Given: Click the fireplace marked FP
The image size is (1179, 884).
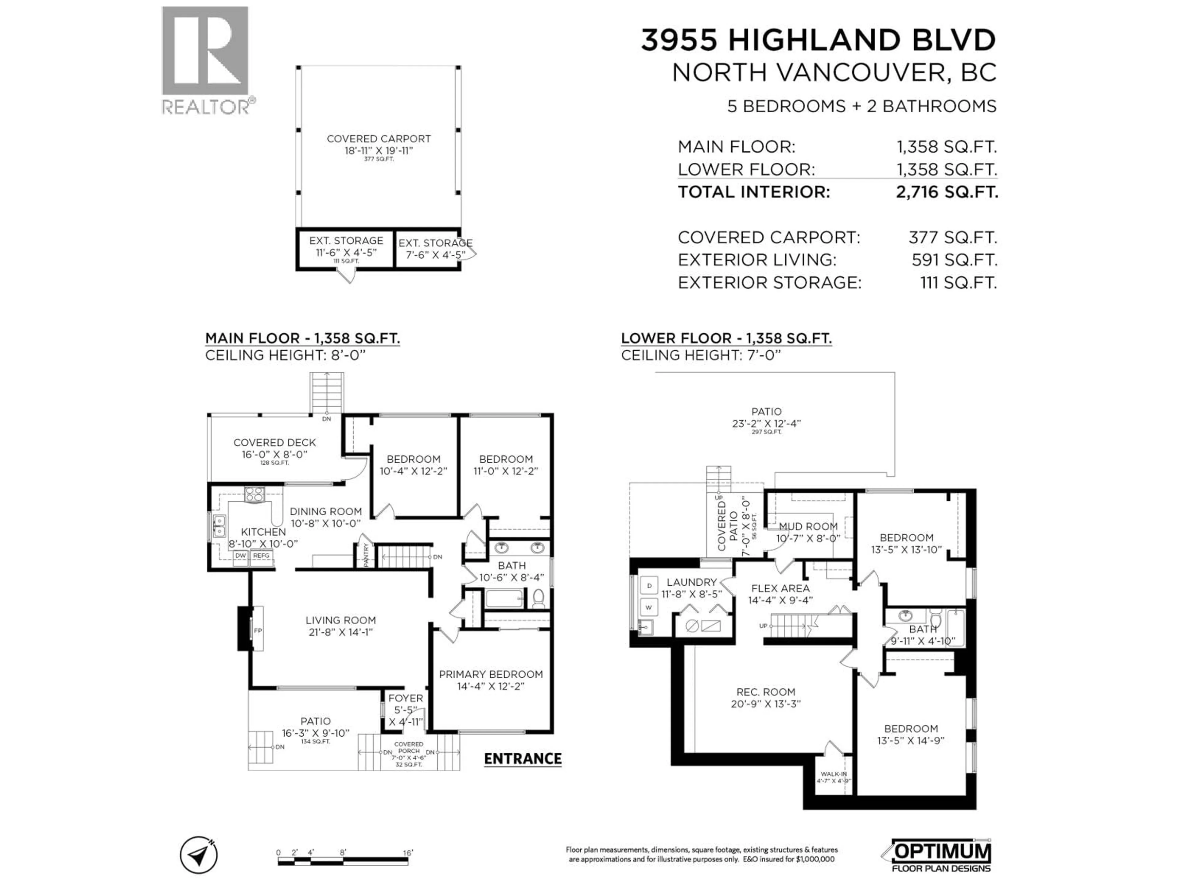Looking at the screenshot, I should pyautogui.click(x=257, y=631).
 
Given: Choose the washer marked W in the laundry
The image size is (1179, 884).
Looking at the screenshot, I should pyautogui.click(x=649, y=607).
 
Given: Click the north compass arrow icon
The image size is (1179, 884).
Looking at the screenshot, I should pyautogui.click(x=199, y=855).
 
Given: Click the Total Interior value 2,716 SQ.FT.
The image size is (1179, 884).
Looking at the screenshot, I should pyautogui.click(x=947, y=192).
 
